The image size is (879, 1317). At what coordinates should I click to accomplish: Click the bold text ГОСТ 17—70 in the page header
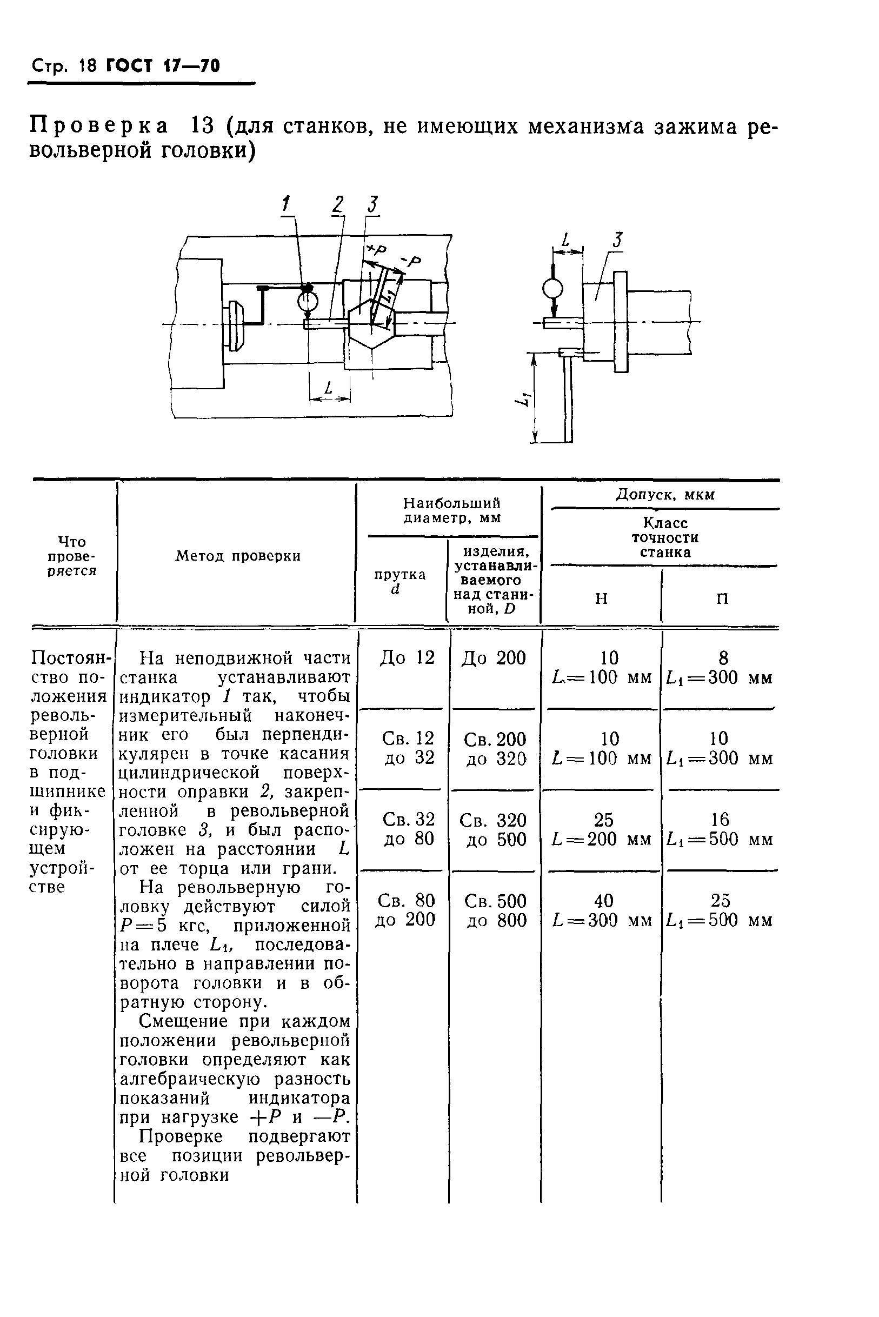163,66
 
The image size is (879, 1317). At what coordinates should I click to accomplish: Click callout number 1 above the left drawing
287,203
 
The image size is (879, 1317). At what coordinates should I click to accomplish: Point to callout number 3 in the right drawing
617,241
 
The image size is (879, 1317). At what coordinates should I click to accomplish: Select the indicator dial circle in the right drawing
552,289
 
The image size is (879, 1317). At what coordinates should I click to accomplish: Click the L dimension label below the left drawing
329,388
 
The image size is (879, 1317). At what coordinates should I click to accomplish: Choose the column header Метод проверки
238,556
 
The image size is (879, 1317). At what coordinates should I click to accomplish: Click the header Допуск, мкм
665,495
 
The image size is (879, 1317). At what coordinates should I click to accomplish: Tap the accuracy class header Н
601,599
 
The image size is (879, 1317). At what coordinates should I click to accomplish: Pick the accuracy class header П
723,599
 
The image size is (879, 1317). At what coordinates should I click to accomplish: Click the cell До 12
408,657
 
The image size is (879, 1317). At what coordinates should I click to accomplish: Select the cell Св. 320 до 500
494,830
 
